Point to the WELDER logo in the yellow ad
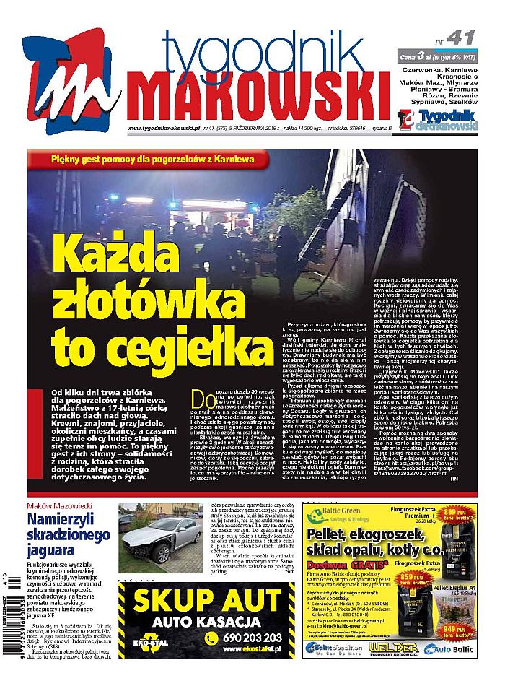pos(393,648)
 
